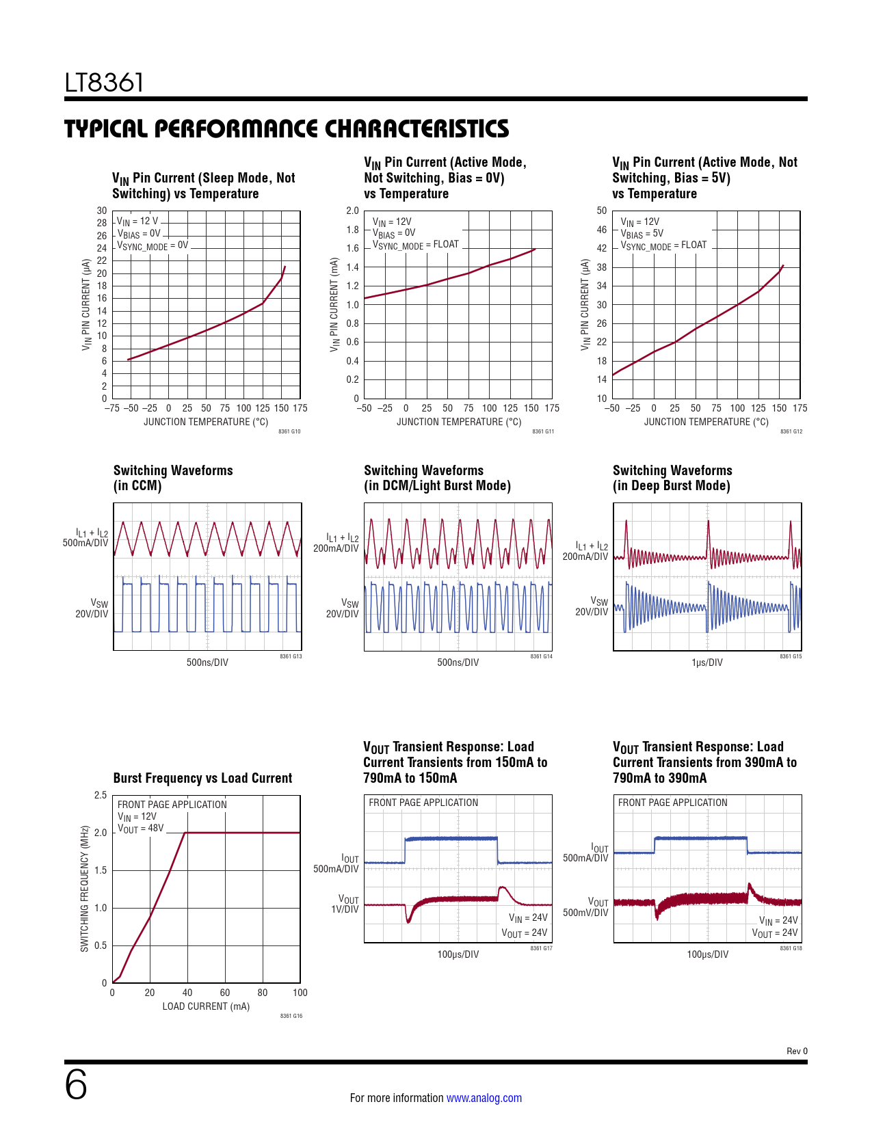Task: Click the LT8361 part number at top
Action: click(x=104, y=83)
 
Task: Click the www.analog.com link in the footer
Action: click(x=484, y=1098)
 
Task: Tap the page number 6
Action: click(x=76, y=1085)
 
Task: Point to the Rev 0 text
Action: click(x=796, y=1051)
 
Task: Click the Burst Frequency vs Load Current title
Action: click(x=202, y=779)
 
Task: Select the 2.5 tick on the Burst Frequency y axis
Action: click(x=101, y=795)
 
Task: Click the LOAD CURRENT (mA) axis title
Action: click(x=206, y=1006)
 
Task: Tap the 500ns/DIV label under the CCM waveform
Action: click(x=207, y=662)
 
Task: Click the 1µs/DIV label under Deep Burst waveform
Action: click(x=706, y=662)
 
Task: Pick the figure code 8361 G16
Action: click(x=291, y=1016)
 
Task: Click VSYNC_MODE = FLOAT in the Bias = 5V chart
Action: click(x=663, y=245)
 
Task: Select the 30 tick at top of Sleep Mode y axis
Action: click(x=102, y=211)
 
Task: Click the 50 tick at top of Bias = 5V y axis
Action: click(x=602, y=211)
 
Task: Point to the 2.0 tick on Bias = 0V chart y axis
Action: click(x=352, y=211)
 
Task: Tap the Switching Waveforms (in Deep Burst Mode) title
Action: click(x=672, y=478)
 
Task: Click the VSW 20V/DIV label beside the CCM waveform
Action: click(x=93, y=608)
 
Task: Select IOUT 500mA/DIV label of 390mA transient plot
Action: click(x=586, y=853)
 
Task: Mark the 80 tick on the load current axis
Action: click(x=263, y=993)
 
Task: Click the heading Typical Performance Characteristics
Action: click(x=287, y=129)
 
